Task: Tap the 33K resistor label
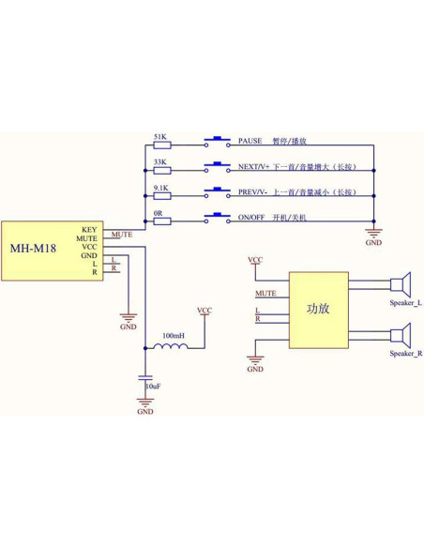[x=160, y=162]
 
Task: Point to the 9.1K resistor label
[x=160, y=189]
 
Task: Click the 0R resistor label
[x=159, y=214]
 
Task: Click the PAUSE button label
[x=250, y=141]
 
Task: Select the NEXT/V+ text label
[x=254, y=166]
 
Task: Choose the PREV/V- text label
[x=253, y=192]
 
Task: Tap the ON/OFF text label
[x=253, y=219]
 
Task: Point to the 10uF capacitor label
[x=152, y=386]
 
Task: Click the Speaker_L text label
[x=405, y=304]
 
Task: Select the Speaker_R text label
[x=405, y=354]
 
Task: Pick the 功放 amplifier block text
[x=318, y=309]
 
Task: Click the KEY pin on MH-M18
[x=89, y=229]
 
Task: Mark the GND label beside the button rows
[x=373, y=242]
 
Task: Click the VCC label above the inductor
[x=204, y=310]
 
